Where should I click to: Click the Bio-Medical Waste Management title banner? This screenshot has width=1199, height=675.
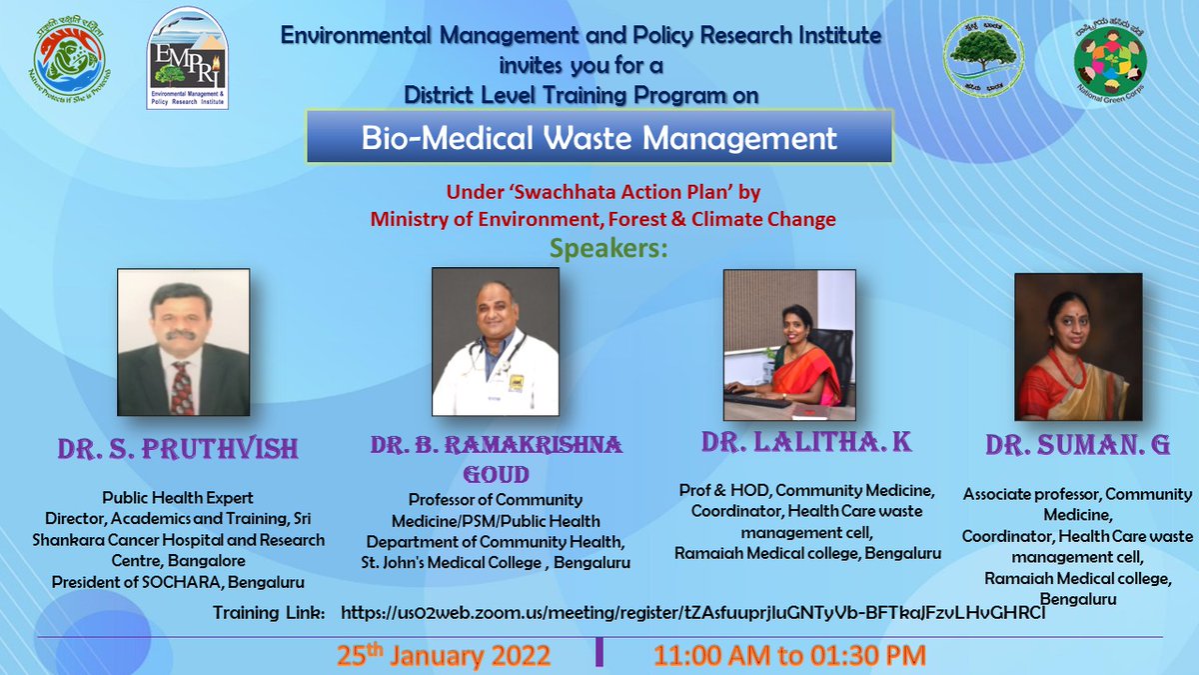click(599, 137)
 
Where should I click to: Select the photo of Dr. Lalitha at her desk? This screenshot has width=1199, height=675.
click(790, 345)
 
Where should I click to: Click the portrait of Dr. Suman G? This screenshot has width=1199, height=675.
click(1070, 346)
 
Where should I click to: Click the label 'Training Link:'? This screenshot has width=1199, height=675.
click(269, 612)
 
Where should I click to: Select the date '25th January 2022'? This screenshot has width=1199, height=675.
click(444, 656)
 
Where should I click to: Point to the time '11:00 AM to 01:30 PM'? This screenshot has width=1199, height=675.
click(789, 656)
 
